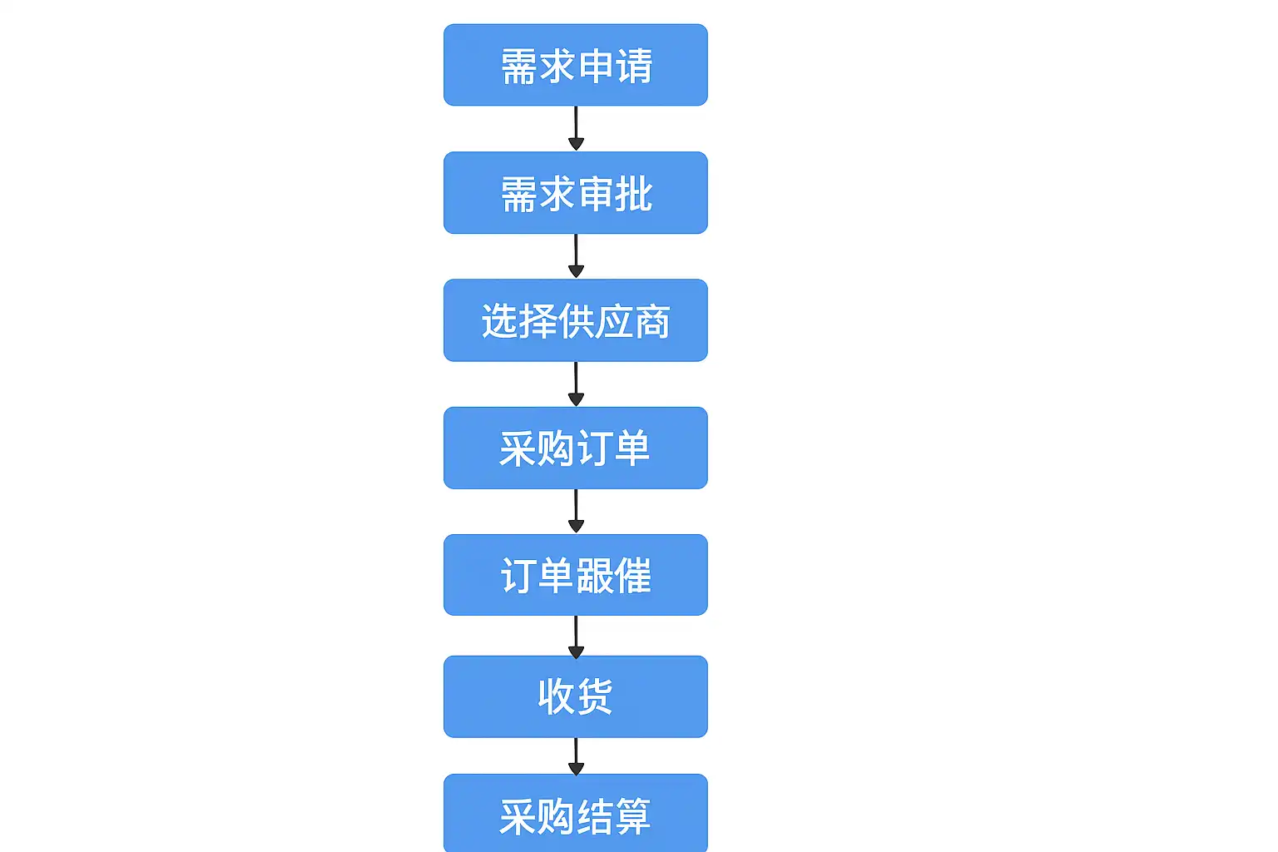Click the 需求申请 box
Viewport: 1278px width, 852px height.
[x=575, y=65]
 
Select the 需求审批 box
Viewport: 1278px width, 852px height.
[x=575, y=192]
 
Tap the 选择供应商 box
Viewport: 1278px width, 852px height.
[x=575, y=320]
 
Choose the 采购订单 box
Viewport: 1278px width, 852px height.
[x=575, y=448]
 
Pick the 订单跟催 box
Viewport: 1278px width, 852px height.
[x=575, y=575]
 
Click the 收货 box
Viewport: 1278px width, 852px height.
[x=575, y=696]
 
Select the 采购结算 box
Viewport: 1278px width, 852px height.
[x=575, y=814]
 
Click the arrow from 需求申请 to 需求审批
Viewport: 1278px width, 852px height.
[x=576, y=128]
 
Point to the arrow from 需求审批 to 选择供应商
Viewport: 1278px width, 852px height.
[x=576, y=255]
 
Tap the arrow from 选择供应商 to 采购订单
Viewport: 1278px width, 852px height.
[x=576, y=384]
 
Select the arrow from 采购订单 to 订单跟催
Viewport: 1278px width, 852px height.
[x=576, y=511]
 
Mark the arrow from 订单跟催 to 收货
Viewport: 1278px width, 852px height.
[x=576, y=637]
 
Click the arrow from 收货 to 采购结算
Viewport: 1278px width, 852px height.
[x=576, y=755]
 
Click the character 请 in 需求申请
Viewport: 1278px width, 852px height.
[x=634, y=66]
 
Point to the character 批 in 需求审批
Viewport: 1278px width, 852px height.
[x=634, y=194]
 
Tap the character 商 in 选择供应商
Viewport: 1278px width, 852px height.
[x=651, y=322]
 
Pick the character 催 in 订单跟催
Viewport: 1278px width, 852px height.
[x=632, y=576]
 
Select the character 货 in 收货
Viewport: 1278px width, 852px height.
[x=594, y=696]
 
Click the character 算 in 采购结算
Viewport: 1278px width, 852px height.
[x=632, y=816]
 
